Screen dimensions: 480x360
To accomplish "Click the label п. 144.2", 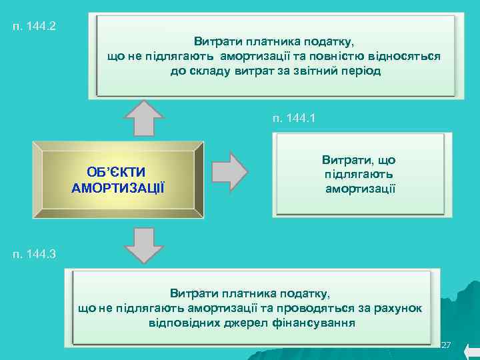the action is coord(33,27).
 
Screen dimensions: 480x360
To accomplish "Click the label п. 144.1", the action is coord(293,118).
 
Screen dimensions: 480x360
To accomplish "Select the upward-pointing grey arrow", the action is coord(144,119).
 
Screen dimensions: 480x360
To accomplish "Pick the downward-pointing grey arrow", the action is coord(144,245).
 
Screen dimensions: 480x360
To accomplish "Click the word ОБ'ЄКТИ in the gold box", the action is coord(116,173).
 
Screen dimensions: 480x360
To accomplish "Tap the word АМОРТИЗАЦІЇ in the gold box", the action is coord(117,187).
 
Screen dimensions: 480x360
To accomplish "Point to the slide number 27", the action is coord(447,345).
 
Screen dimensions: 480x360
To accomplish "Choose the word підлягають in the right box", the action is coord(359,175).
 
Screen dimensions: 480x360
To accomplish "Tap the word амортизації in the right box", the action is coord(360,189).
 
